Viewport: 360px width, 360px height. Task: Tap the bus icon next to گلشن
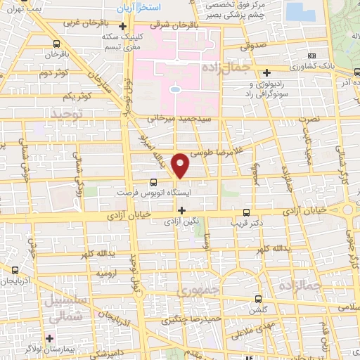258,300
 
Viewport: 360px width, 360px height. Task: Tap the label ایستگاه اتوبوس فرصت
148,191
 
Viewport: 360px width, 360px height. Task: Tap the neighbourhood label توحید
66,112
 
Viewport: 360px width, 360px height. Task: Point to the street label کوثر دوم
53,73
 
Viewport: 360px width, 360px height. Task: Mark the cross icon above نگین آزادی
181,210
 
